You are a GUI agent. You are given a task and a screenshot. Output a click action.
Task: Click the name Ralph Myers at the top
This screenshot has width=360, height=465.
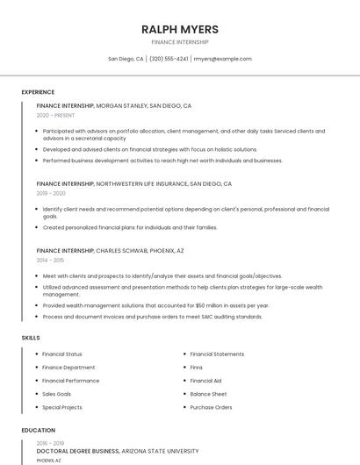180,29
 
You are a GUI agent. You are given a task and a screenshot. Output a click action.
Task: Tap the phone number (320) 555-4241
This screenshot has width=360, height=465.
169,59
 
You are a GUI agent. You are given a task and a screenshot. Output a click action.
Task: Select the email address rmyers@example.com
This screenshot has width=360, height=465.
222,59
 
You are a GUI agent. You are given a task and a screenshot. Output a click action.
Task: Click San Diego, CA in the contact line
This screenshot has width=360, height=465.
126,59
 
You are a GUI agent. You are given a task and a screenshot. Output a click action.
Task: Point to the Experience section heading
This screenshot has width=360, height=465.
38,92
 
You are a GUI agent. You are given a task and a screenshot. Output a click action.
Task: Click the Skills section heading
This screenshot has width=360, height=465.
31,338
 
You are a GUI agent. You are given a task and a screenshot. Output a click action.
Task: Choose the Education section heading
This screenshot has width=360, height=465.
38,431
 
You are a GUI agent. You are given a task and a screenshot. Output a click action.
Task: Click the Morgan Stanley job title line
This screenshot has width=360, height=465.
114,105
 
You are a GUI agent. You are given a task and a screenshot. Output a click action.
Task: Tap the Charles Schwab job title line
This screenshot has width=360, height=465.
111,251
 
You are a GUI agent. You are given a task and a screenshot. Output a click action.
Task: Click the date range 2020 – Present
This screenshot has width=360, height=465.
55,115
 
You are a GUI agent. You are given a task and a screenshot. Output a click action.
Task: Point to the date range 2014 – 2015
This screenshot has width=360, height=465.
50,261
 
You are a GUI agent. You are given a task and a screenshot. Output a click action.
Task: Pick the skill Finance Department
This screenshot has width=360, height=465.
68,368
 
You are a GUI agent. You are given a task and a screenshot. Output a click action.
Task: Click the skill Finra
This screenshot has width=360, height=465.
196,368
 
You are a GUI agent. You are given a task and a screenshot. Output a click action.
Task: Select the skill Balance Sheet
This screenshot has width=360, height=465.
208,394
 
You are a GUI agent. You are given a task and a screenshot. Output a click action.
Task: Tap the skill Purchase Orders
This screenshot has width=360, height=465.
211,407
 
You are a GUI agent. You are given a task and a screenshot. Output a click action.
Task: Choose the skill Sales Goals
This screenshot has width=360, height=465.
57,394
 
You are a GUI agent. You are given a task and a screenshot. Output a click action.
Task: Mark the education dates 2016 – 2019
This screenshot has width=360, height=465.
50,443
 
